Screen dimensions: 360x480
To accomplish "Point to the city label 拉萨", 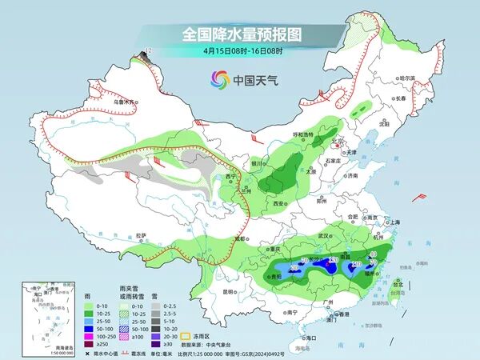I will pos(142,235).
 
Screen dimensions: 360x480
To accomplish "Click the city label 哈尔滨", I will pos(407,78).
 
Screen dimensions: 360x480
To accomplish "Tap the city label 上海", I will pos(392,222).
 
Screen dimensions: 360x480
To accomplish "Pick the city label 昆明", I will pos(230,291).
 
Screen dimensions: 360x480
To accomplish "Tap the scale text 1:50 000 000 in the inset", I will pos(38,352).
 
